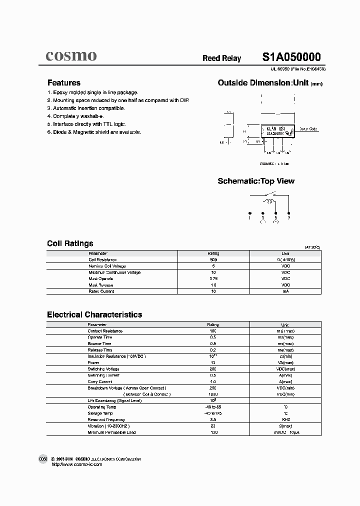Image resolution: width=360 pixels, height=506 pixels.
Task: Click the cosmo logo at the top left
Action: [x=71, y=56]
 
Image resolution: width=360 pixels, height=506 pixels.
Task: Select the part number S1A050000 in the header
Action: [x=291, y=57]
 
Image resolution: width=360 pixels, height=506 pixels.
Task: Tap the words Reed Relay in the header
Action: [x=221, y=58]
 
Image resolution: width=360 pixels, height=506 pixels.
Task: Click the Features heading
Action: [x=63, y=83]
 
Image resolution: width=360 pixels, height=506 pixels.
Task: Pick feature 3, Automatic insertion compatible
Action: [x=86, y=108]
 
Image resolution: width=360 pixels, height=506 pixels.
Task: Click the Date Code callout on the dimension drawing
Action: [x=308, y=129]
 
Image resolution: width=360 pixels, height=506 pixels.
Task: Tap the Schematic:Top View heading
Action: [x=256, y=181]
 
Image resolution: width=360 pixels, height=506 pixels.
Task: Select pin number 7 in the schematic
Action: [x=288, y=218]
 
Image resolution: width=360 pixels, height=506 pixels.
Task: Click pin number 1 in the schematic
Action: [x=249, y=218]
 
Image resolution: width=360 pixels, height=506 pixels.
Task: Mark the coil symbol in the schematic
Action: [x=269, y=201]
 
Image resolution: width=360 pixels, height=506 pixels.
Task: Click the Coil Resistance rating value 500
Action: [x=213, y=260]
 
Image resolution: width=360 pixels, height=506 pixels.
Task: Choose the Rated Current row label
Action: [x=101, y=291]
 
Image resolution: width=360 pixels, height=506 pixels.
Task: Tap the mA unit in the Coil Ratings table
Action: [x=285, y=291]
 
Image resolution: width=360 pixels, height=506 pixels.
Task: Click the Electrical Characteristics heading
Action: [x=94, y=314]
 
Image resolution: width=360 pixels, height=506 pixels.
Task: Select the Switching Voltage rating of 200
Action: [x=213, y=369]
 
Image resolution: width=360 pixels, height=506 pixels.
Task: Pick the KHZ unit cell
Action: [x=285, y=419]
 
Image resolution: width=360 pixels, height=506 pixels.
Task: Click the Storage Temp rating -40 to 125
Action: [x=213, y=413]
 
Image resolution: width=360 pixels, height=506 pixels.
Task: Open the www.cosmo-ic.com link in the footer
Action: [x=77, y=464]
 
